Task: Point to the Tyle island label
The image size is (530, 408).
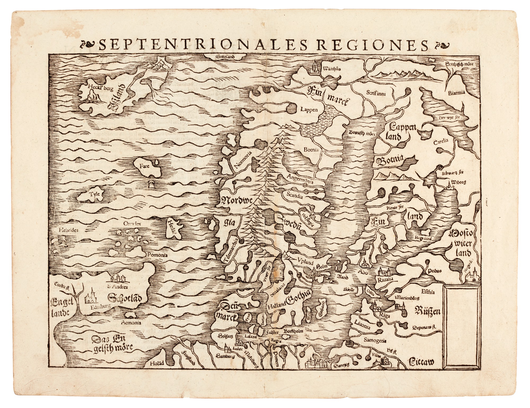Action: (x=95, y=194)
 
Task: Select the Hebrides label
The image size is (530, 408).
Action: (x=69, y=230)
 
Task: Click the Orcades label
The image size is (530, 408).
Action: (x=132, y=223)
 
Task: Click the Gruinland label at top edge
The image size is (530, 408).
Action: (x=226, y=56)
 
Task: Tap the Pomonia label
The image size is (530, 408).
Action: (x=157, y=255)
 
